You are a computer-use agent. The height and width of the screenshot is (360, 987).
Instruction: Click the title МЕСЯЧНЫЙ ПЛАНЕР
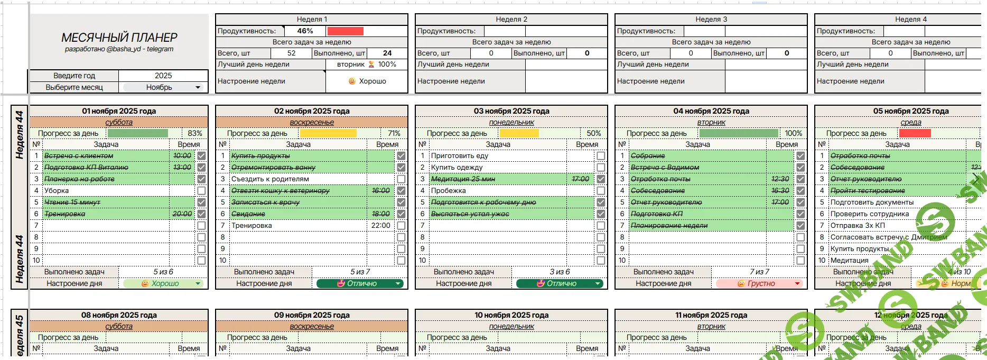click(119, 38)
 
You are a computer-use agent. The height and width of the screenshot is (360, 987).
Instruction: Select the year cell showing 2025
click(163, 76)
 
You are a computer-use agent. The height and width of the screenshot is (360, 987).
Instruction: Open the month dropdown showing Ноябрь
click(163, 87)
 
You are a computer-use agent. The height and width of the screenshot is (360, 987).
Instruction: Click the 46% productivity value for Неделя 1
click(305, 31)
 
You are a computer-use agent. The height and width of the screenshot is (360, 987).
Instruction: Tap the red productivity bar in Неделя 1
click(345, 31)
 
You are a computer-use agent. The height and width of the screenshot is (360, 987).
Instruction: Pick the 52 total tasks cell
click(291, 53)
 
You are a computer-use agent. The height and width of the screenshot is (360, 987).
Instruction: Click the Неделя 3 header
click(711, 20)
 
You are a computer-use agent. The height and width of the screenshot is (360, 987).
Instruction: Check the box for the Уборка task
click(201, 191)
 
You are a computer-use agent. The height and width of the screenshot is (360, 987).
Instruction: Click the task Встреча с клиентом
click(79, 156)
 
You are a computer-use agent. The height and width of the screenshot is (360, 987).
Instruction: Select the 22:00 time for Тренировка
click(380, 226)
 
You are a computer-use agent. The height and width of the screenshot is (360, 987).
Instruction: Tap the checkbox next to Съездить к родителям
click(401, 179)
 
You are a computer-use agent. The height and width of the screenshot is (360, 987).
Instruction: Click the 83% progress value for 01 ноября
click(194, 134)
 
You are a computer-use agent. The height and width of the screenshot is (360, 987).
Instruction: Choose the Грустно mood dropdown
click(759, 284)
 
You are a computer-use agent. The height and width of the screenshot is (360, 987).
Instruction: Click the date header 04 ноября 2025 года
click(711, 111)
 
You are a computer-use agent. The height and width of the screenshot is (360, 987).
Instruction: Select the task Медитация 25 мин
click(463, 179)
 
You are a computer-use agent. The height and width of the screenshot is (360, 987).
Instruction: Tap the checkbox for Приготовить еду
click(601, 156)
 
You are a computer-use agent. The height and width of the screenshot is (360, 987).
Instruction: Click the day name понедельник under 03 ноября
click(511, 122)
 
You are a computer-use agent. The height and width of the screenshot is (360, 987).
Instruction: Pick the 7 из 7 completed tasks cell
click(759, 272)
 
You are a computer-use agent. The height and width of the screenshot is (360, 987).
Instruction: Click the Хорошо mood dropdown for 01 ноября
click(163, 284)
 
